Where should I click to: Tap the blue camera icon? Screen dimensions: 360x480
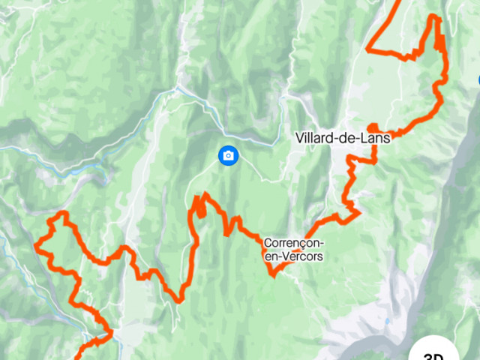pyautogui.click(x=229, y=155)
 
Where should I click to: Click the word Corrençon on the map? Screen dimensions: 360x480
pyautogui.click(x=294, y=243)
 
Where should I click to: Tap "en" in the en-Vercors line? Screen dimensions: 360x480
pyautogui.click(x=271, y=256)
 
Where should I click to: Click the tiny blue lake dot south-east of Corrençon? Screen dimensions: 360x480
pyautogui.click(x=388, y=322)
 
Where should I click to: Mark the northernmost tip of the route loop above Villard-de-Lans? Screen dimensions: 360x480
pyautogui.click(x=434, y=16)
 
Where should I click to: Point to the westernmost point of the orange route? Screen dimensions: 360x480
pyautogui.click(x=37, y=244)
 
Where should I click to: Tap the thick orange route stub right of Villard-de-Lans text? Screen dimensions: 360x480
pyautogui.click(x=373, y=127)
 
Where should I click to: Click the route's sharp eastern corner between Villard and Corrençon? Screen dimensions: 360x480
pyautogui.click(x=358, y=212)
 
